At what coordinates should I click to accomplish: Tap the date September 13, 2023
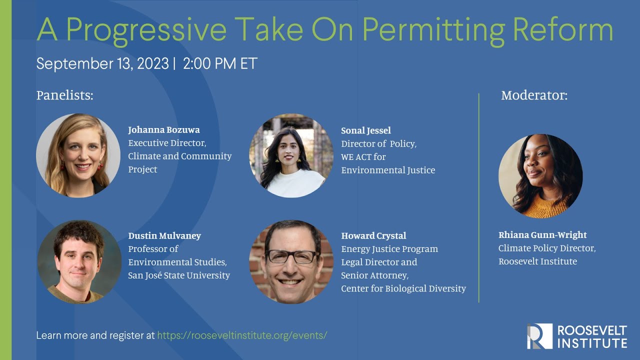[x=103, y=64]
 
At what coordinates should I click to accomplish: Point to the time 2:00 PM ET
[x=220, y=64]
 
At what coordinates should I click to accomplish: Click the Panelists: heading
[x=65, y=95]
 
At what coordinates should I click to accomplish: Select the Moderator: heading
[x=534, y=95]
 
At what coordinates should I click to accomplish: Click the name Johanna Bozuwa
[x=164, y=130]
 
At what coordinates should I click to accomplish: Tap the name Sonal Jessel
[x=366, y=131]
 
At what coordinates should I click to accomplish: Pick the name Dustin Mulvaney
[x=164, y=235]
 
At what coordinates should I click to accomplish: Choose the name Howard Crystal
[x=373, y=235]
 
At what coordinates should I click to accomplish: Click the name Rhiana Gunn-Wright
[x=542, y=235]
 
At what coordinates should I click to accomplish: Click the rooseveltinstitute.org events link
[x=242, y=335]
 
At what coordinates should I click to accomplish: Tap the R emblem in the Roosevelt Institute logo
[x=539, y=336]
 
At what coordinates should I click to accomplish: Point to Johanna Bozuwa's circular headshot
[x=78, y=155]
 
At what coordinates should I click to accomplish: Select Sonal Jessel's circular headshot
[x=291, y=155]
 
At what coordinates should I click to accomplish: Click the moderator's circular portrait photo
[x=540, y=176]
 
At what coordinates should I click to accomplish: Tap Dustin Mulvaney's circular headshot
[x=79, y=262]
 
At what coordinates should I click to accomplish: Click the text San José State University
[x=179, y=275]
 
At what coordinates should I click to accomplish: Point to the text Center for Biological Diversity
[x=403, y=288]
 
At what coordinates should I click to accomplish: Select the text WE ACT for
[x=363, y=157]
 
